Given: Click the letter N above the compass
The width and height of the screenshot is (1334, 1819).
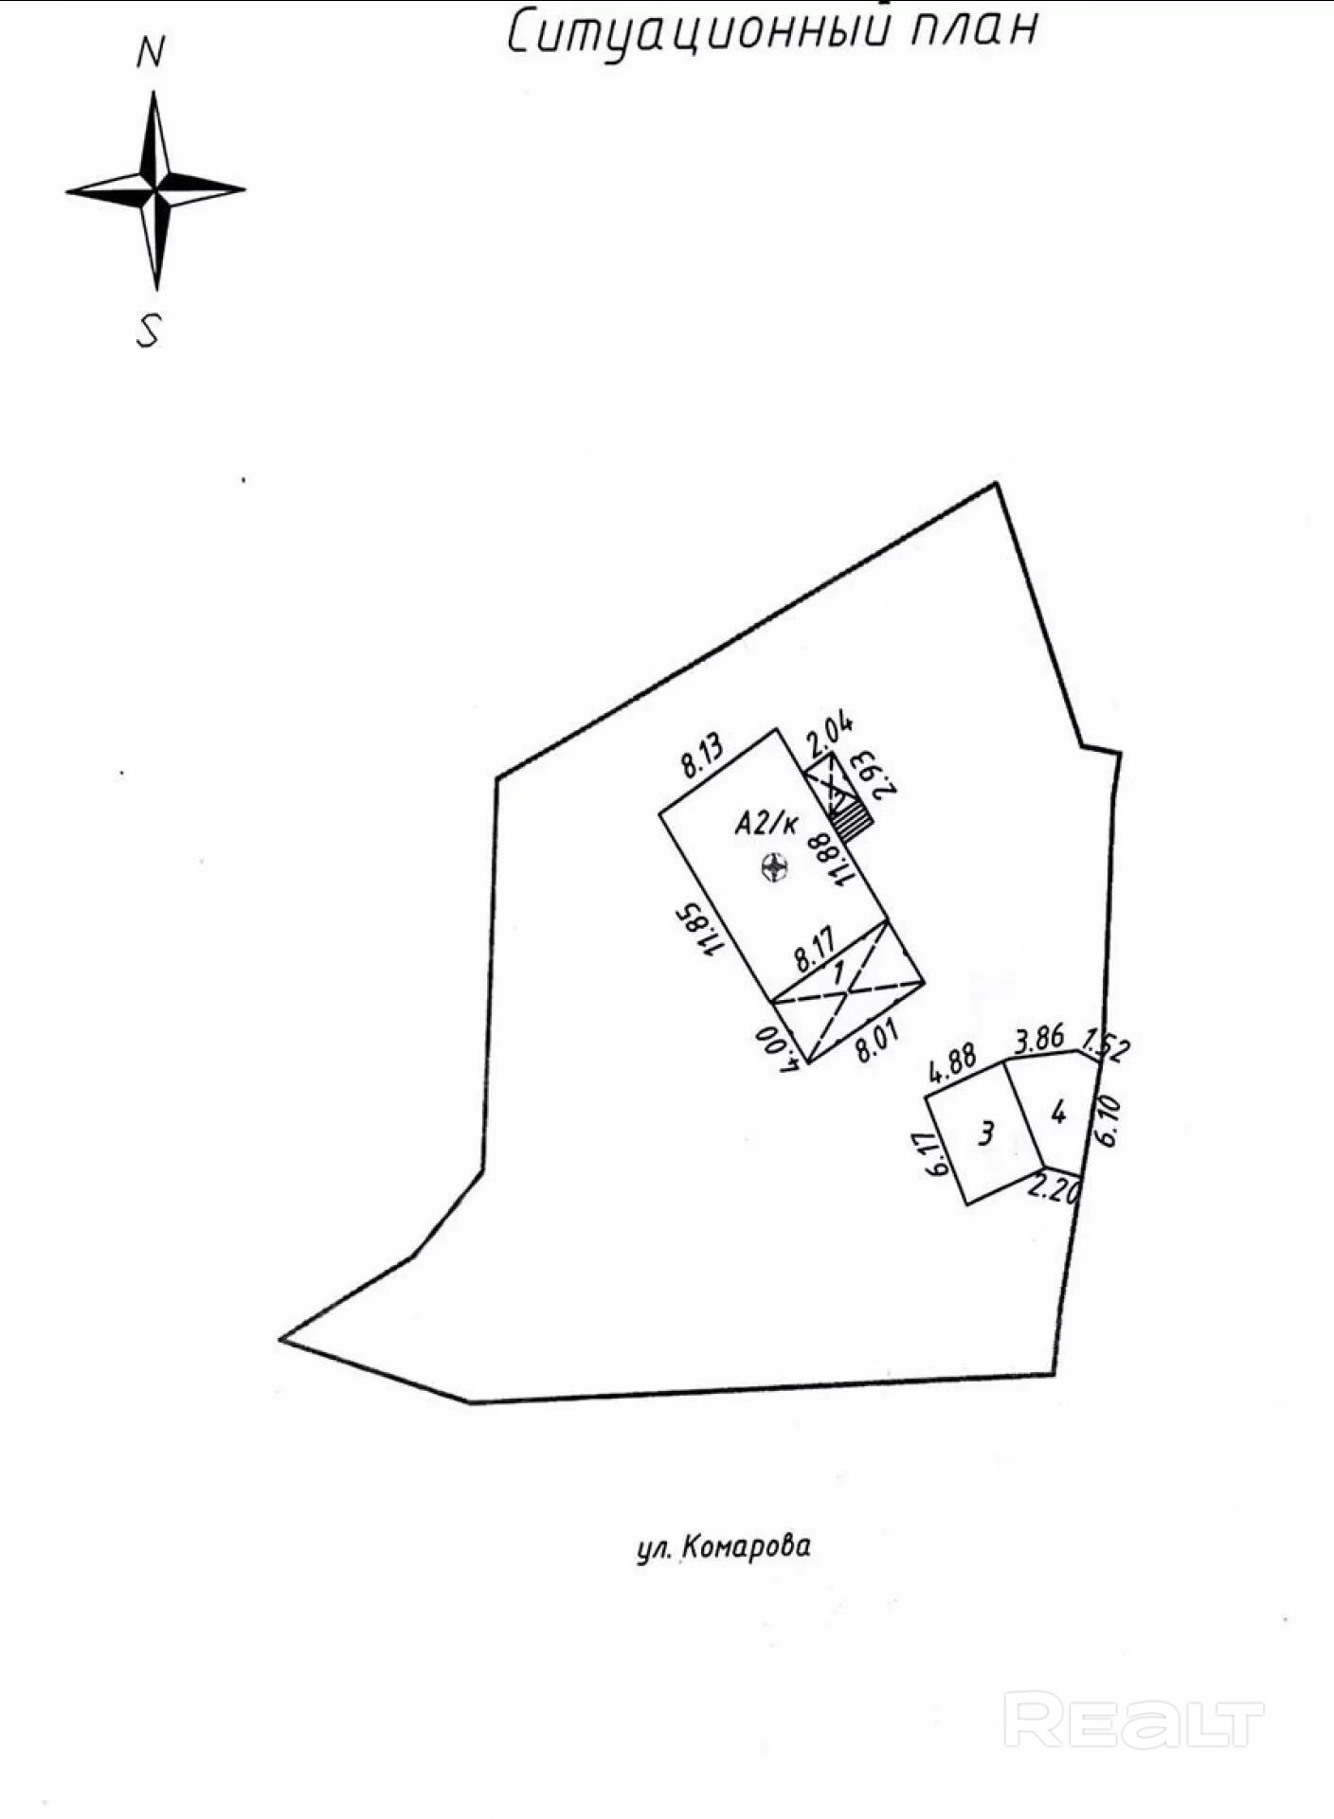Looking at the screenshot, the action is tap(151, 53).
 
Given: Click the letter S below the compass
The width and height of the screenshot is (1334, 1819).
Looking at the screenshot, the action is tap(149, 331).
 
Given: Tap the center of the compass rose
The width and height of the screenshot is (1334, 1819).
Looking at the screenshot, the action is tap(155, 190).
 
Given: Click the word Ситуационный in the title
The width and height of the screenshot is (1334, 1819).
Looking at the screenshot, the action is tap(699, 32).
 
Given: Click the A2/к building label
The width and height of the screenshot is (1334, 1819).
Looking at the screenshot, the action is tap(766, 824).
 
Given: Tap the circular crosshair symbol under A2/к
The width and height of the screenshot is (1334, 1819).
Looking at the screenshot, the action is tap(776, 866).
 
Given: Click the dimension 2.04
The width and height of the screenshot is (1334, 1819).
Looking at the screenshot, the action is tap(830, 735).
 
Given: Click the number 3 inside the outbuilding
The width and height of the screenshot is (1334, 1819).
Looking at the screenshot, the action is tap(986, 1132).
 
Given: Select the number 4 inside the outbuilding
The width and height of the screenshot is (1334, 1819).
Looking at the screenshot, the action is tap(1058, 1112).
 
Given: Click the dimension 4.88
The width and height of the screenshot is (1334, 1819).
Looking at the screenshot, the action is tap(952, 1063).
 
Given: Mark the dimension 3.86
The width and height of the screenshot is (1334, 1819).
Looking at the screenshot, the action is tap(1039, 1038).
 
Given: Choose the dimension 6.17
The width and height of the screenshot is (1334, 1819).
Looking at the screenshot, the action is tap(939, 1154).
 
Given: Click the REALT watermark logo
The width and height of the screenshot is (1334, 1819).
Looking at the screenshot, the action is tap(1133, 1721).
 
